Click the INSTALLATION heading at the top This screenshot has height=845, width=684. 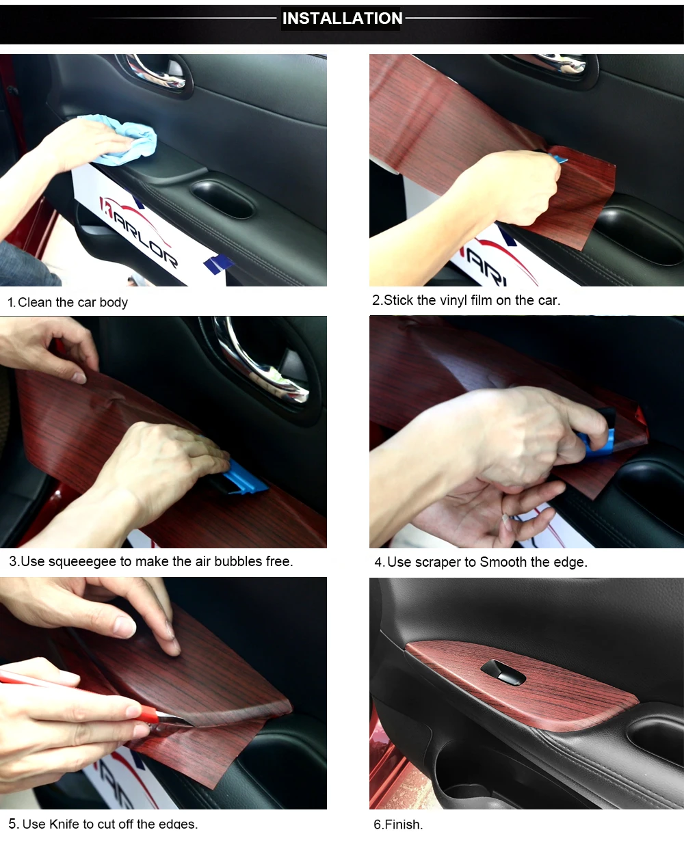pos(342,18)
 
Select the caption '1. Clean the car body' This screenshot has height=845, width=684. pos(68,302)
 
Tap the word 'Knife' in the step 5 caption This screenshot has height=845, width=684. pos(64,824)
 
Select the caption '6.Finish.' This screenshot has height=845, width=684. pos(398,824)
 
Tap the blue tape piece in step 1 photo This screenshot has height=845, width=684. pos(218,264)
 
